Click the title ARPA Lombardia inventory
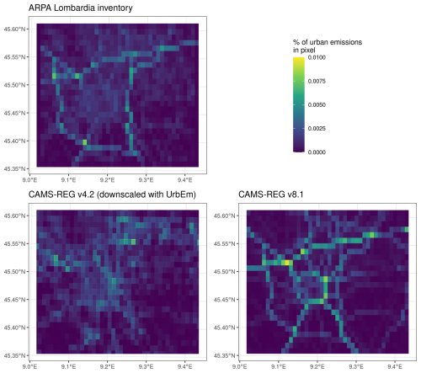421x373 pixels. tap(81, 8)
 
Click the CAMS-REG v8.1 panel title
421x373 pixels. tap(271, 194)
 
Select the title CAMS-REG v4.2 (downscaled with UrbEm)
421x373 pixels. tap(112, 194)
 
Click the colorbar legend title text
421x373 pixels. tap(328, 46)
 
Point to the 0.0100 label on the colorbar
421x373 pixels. tap(317, 57)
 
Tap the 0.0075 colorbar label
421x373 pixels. tap(317, 81)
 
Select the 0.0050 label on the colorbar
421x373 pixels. tap(317, 105)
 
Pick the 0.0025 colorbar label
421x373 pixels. tap(317, 129)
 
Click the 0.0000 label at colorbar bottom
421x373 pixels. tap(317, 152)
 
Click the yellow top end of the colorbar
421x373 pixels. tap(299, 58)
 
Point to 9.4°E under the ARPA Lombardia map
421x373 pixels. tap(184, 179)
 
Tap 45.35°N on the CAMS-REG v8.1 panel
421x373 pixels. tap(224, 355)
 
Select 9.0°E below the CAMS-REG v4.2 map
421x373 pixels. tap(29, 366)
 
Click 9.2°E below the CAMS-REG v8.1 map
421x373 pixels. tap(317, 366)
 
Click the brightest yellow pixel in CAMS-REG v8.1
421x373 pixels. tap(287, 263)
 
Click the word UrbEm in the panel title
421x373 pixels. tap(182, 194)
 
